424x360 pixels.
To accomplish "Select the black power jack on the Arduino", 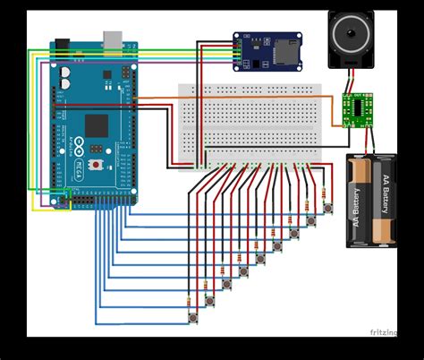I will click(63, 45).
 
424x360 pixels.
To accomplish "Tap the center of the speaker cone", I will click(351, 36).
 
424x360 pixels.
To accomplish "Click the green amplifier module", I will click(359, 109).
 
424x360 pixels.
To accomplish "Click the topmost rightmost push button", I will click(327, 208).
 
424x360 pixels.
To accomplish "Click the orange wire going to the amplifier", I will click(242, 98).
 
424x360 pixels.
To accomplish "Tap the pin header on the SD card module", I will click(238, 52).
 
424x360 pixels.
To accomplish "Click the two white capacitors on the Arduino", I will click(67, 78).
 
